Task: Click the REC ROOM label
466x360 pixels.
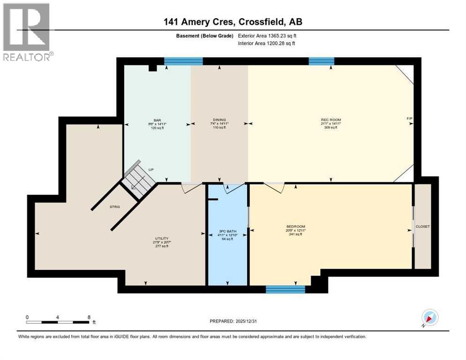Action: (331, 120)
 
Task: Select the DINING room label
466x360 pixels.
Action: (219, 120)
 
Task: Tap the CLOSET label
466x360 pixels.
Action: (422, 226)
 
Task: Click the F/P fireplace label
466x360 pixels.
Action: (409, 118)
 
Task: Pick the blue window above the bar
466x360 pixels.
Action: (183, 60)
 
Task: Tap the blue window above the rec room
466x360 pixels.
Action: (321, 60)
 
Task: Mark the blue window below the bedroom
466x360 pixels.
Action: (285, 289)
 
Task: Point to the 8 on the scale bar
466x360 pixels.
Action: (89, 317)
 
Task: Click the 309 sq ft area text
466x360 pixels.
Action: (331, 127)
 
